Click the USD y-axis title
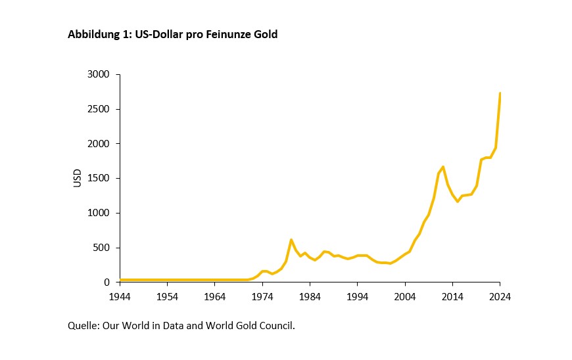click(x=78, y=178)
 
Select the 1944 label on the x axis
click(x=120, y=296)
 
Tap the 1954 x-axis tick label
click(x=167, y=296)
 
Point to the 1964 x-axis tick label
click(x=215, y=296)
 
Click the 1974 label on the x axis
click(x=262, y=296)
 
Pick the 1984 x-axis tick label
click(x=310, y=296)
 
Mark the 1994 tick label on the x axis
click(x=358, y=296)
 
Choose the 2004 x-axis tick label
click(x=405, y=296)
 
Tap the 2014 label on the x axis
click(x=452, y=296)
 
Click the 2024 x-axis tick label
click(x=500, y=296)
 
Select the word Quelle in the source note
click(x=83, y=325)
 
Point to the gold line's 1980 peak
click(x=291, y=240)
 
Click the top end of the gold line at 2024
click(x=500, y=93)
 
